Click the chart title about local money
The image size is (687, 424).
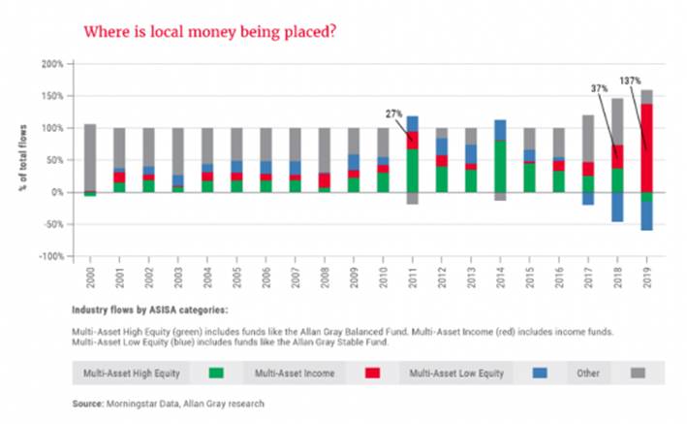(211, 31)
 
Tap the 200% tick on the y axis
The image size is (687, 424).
(50, 64)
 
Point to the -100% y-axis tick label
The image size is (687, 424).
(48, 256)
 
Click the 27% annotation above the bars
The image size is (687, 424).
(394, 113)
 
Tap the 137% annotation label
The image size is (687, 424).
(631, 80)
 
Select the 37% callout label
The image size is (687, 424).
(600, 88)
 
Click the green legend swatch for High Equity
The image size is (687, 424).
(216, 373)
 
